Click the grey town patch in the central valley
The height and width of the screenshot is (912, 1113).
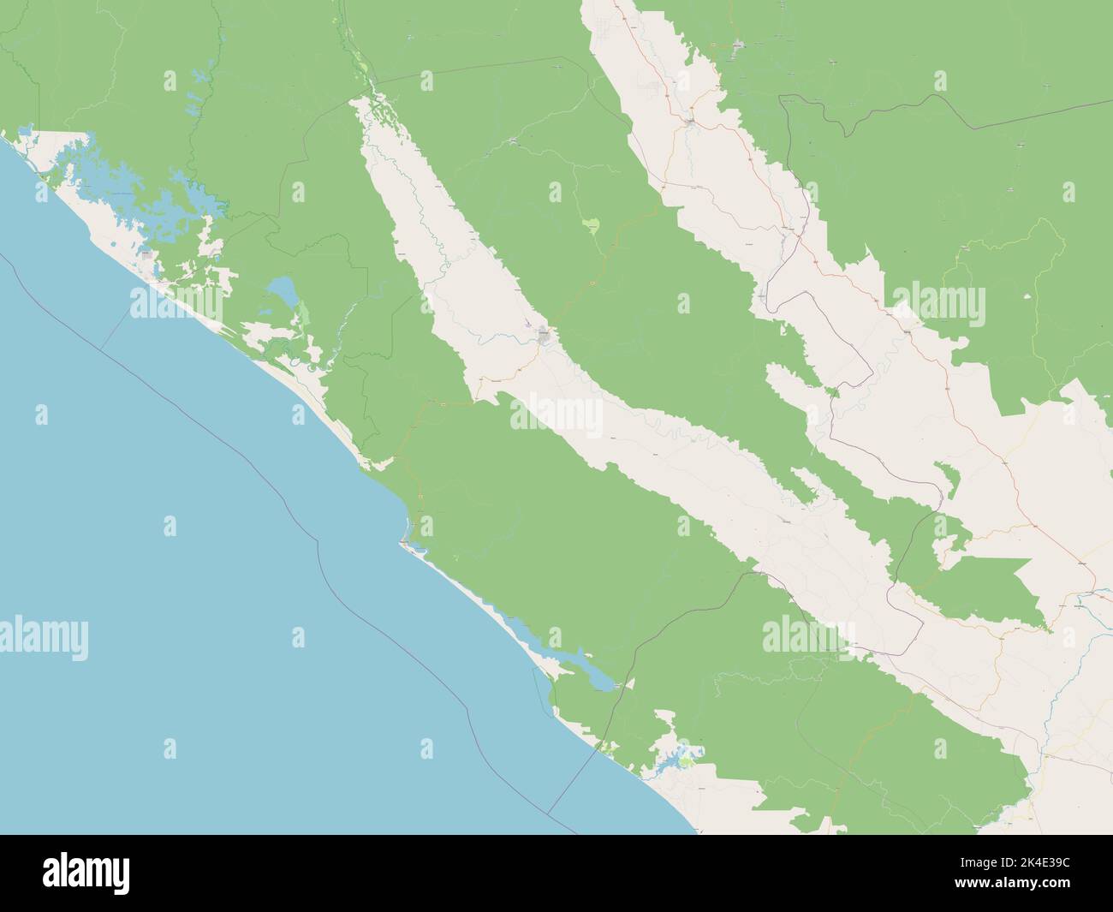pos(545,336)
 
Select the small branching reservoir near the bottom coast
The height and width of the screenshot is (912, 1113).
pos(676,757)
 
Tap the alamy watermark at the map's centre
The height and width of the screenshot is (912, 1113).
pos(556,416)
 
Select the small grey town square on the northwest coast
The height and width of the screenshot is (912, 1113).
pos(149,254)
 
